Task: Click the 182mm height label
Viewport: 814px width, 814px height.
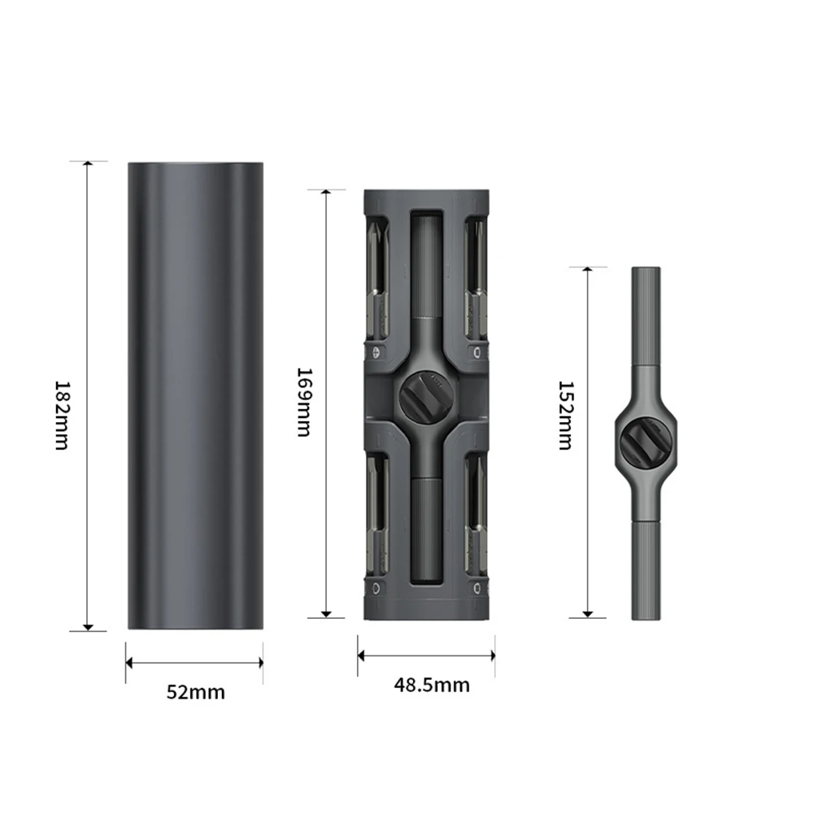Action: [61, 416]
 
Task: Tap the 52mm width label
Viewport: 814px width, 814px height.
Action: [196, 692]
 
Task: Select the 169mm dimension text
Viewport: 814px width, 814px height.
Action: [303, 403]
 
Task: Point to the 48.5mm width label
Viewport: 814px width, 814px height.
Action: [432, 685]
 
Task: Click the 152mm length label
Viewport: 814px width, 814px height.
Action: [565, 416]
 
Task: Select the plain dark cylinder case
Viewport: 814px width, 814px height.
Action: [195, 395]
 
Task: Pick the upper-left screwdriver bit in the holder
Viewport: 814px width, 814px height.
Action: [378, 281]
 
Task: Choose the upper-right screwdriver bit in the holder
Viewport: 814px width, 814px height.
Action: [476, 281]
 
